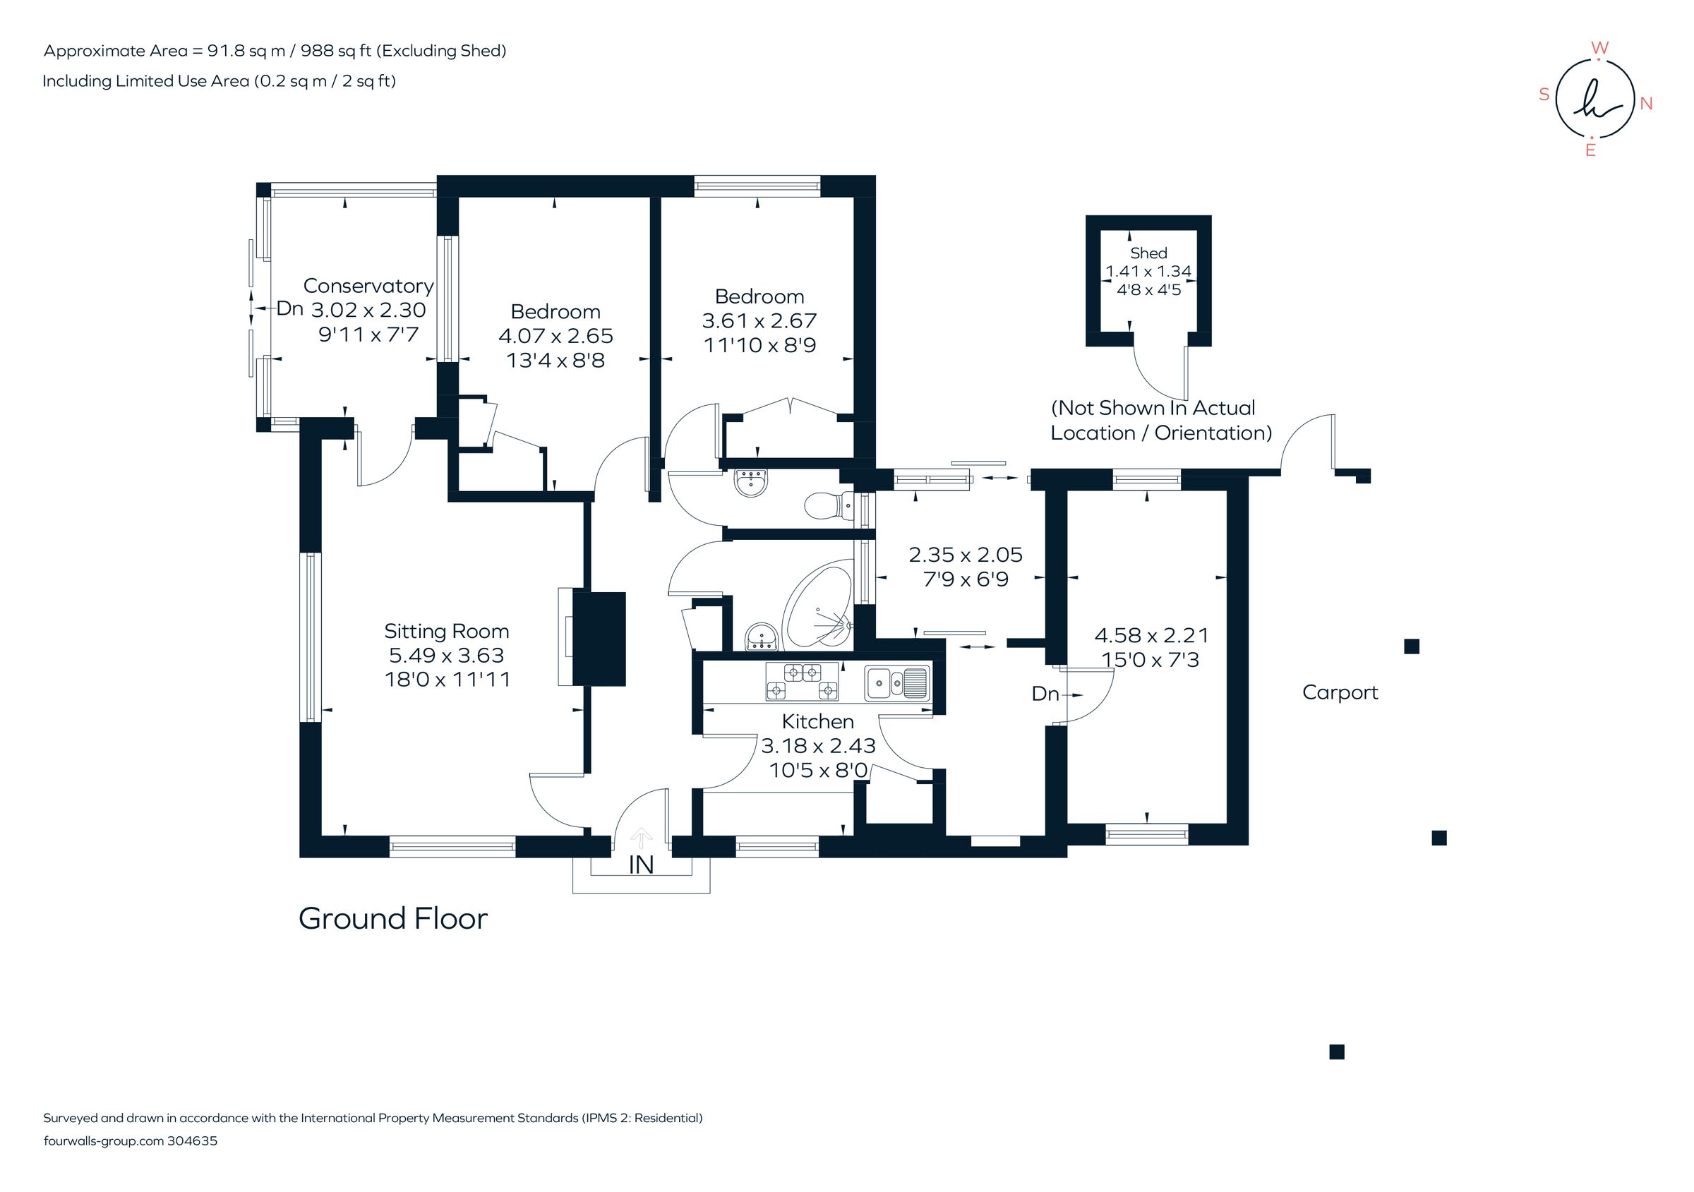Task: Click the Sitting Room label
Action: pyautogui.click(x=446, y=632)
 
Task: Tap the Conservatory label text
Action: pyautogui.click(x=368, y=285)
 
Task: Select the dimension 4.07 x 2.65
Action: pyautogui.click(x=555, y=336)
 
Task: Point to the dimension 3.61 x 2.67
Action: pyautogui.click(x=759, y=321)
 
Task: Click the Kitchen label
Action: pyautogui.click(x=817, y=721)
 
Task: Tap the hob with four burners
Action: pyautogui.click(x=802, y=681)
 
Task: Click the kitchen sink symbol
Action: pyautogui.click(x=896, y=682)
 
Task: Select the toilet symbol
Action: pyautogui.click(x=824, y=506)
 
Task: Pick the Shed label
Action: pyautogui.click(x=1148, y=253)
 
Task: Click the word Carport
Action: pyautogui.click(x=1340, y=692)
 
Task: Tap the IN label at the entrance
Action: pyautogui.click(x=641, y=865)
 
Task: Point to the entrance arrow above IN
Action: pyautogui.click(x=641, y=837)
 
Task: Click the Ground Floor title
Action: pyautogui.click(x=392, y=919)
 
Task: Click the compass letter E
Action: pyautogui.click(x=1591, y=150)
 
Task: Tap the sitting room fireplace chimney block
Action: pyautogui.click(x=599, y=639)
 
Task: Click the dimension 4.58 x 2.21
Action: pyautogui.click(x=1151, y=635)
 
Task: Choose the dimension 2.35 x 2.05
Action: pyautogui.click(x=965, y=555)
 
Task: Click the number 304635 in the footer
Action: pyautogui.click(x=192, y=1141)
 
